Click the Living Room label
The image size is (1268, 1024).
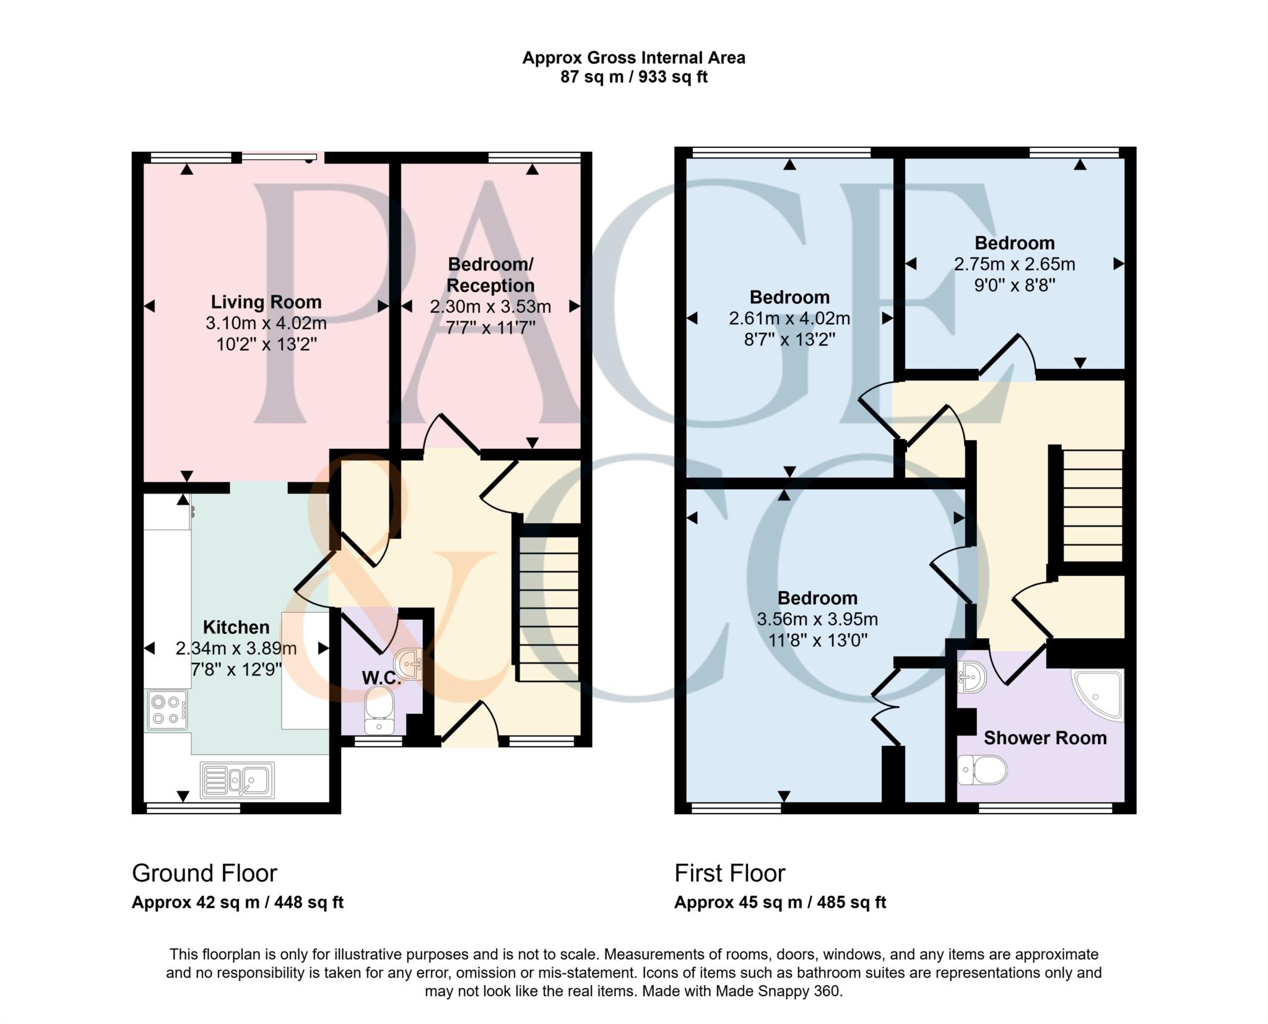(x=266, y=302)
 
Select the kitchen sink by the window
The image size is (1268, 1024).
(x=238, y=780)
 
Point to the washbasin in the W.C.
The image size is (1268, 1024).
(x=409, y=664)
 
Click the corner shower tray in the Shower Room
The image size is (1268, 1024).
(x=1099, y=693)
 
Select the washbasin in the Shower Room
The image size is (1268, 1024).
(x=971, y=677)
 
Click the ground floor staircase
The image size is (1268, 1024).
(x=549, y=609)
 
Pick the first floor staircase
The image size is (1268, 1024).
(x=1092, y=505)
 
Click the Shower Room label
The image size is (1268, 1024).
(x=1044, y=738)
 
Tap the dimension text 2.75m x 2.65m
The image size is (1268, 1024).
(x=1014, y=264)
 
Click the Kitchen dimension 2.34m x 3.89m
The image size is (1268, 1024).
(x=236, y=648)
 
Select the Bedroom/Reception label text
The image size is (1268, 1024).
(x=490, y=275)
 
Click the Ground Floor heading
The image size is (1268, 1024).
(x=204, y=874)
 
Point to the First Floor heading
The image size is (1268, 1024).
(x=729, y=874)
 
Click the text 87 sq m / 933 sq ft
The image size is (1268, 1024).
(x=633, y=77)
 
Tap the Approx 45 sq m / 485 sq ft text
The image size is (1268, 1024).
(x=780, y=903)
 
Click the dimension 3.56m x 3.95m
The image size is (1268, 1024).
(x=817, y=619)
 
